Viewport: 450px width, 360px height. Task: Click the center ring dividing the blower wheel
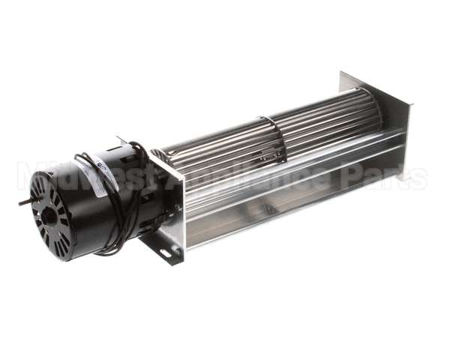click(x=271, y=140)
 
